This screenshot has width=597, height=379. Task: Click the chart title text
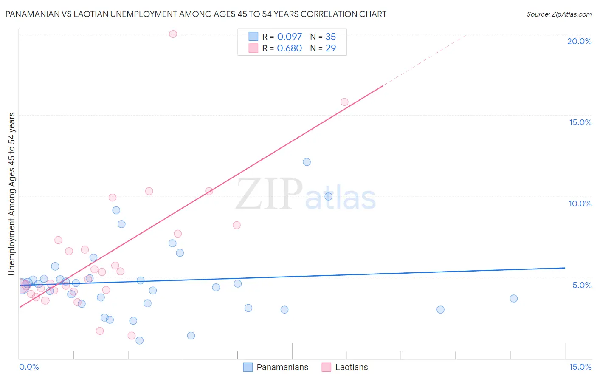click(196, 14)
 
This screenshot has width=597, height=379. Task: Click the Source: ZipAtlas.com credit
click(559, 14)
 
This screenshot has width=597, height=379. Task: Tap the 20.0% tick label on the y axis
click(579, 41)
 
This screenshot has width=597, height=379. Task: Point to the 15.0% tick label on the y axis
click(580, 122)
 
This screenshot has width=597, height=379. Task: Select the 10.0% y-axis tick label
click(580, 204)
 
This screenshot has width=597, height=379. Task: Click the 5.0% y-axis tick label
click(582, 285)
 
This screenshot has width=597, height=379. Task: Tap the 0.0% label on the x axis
click(29, 367)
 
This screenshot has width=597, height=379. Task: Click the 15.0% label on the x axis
click(580, 367)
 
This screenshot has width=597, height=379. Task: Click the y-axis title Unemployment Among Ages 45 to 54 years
click(12, 193)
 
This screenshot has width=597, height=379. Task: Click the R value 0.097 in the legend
click(289, 37)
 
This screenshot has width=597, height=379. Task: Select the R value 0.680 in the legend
click(289, 48)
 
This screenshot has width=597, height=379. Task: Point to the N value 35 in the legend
click(330, 37)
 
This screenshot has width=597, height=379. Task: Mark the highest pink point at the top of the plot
click(173, 34)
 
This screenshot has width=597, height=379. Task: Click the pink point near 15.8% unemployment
click(344, 102)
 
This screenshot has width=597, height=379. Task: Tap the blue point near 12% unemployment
click(307, 162)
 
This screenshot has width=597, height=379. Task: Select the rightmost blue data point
click(514, 298)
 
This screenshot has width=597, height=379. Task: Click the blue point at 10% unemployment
click(328, 196)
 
